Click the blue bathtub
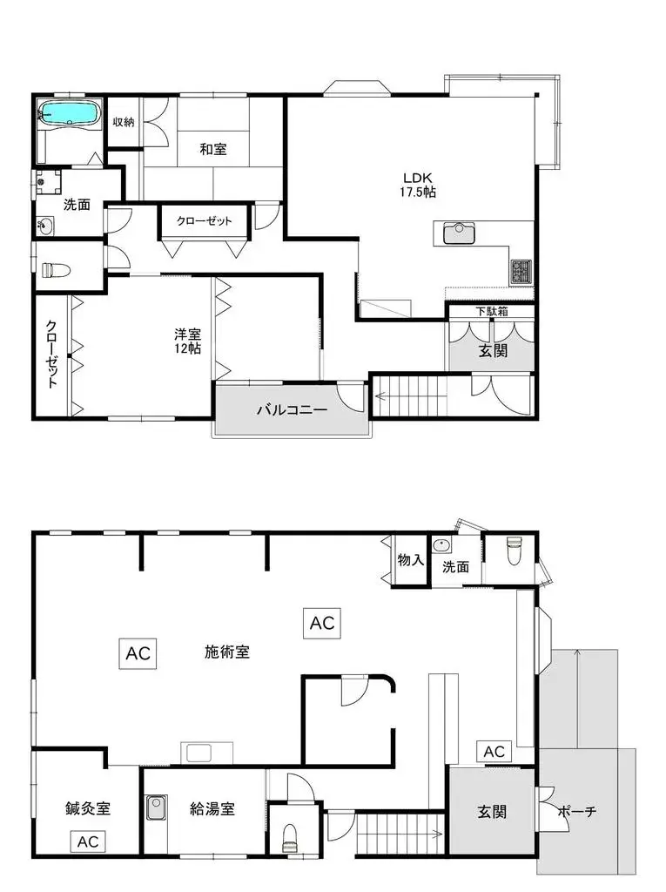[x=68, y=113]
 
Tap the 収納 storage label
[x=124, y=122]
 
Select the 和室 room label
[x=213, y=149]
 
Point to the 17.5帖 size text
[x=418, y=193]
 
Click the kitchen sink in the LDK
[x=459, y=233]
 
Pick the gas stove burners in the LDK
[x=521, y=272]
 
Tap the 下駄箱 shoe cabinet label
[x=492, y=311]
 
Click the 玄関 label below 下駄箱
[x=493, y=350]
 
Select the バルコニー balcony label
[x=292, y=409]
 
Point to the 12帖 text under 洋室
[x=188, y=348]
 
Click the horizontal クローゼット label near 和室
[x=205, y=220]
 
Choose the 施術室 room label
[x=227, y=652]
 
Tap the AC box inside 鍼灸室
[x=88, y=841]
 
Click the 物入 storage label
[x=411, y=560]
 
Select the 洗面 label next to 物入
[x=455, y=566]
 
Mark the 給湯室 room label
[x=212, y=808]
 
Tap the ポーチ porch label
[x=576, y=811]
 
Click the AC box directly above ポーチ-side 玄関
[x=494, y=752]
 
